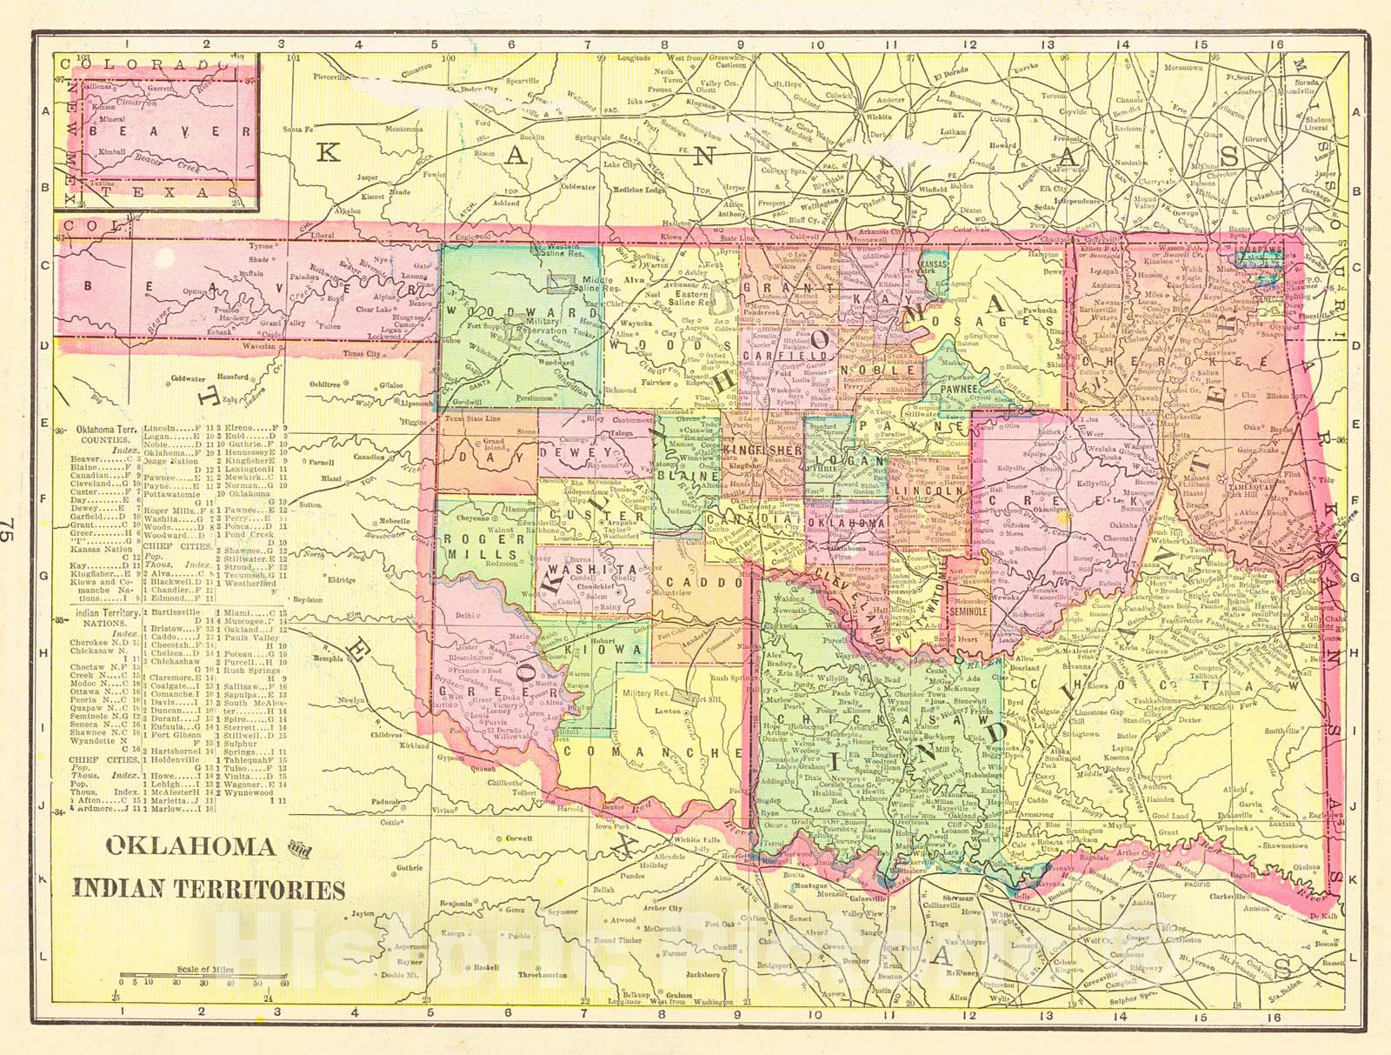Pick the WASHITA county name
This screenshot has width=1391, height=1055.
tap(587, 564)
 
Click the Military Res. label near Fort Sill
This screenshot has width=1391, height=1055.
tap(648, 694)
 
